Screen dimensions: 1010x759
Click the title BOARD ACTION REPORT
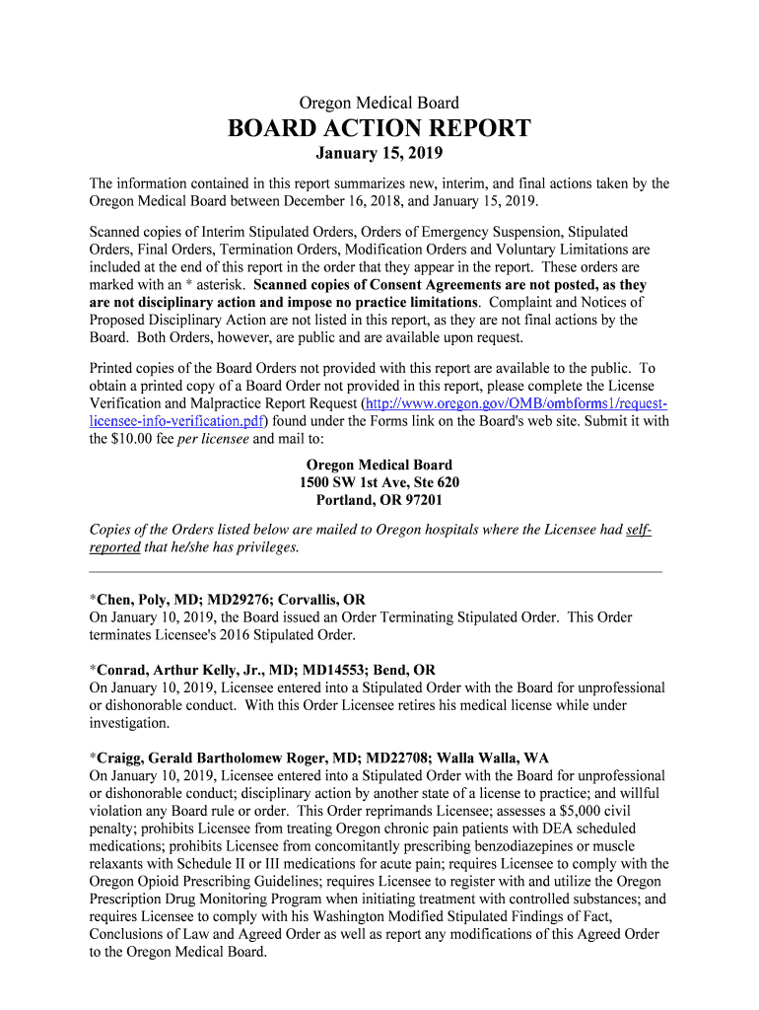coord(379,129)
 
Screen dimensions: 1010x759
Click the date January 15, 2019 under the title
coord(379,154)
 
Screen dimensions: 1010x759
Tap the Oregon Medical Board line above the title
coord(379,103)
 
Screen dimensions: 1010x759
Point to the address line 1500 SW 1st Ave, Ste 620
coord(379,482)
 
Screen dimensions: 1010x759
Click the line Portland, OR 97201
coord(379,500)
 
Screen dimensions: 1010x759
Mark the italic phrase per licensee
coord(213,439)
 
